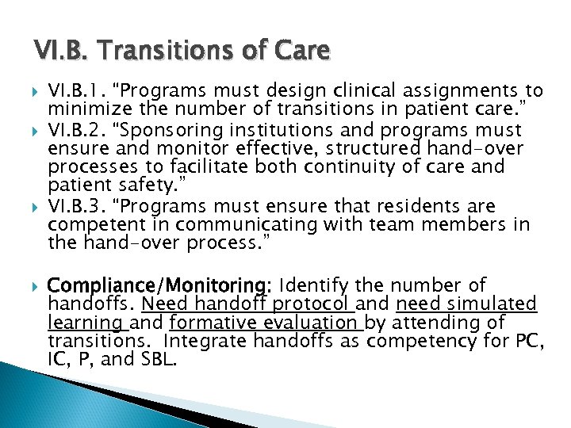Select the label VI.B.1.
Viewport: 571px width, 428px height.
tap(74, 91)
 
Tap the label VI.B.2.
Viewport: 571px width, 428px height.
tap(75, 130)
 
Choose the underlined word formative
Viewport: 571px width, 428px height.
tap(208, 323)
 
